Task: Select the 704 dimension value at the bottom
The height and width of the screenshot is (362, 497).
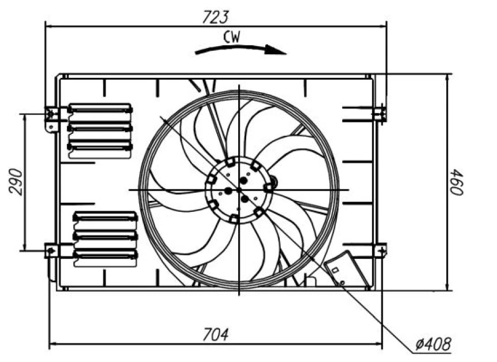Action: pos(215,333)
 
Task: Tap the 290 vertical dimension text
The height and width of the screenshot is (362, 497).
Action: pos(17,182)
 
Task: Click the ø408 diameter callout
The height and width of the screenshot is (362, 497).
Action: pos(433,345)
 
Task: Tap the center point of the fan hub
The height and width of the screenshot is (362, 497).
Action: pos(238,189)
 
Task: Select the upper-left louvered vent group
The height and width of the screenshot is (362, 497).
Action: pos(100,128)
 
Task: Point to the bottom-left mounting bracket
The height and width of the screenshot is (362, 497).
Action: pos(51,251)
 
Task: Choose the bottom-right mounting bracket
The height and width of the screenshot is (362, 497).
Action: pos(380,251)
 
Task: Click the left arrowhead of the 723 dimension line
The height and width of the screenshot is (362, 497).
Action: pos(49,26)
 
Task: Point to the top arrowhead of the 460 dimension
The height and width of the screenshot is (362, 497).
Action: pos(448,77)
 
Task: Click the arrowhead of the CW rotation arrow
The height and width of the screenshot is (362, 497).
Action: pos(280,51)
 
